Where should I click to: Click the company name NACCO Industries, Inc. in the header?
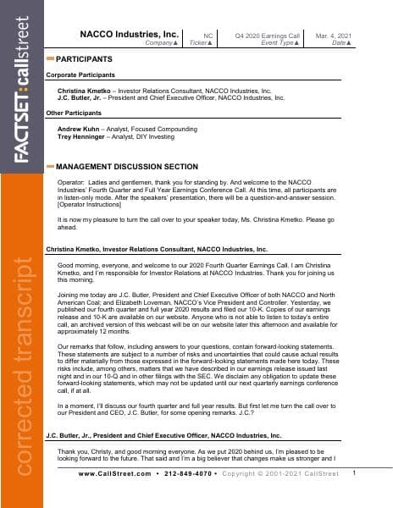point(129,34)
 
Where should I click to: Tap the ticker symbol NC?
point(208,34)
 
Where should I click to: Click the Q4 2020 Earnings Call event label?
point(268,34)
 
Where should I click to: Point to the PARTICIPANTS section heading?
point(84,59)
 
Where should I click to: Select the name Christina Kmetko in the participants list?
point(86,89)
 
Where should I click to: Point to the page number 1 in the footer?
point(354,496)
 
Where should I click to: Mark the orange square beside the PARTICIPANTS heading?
point(50,59)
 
